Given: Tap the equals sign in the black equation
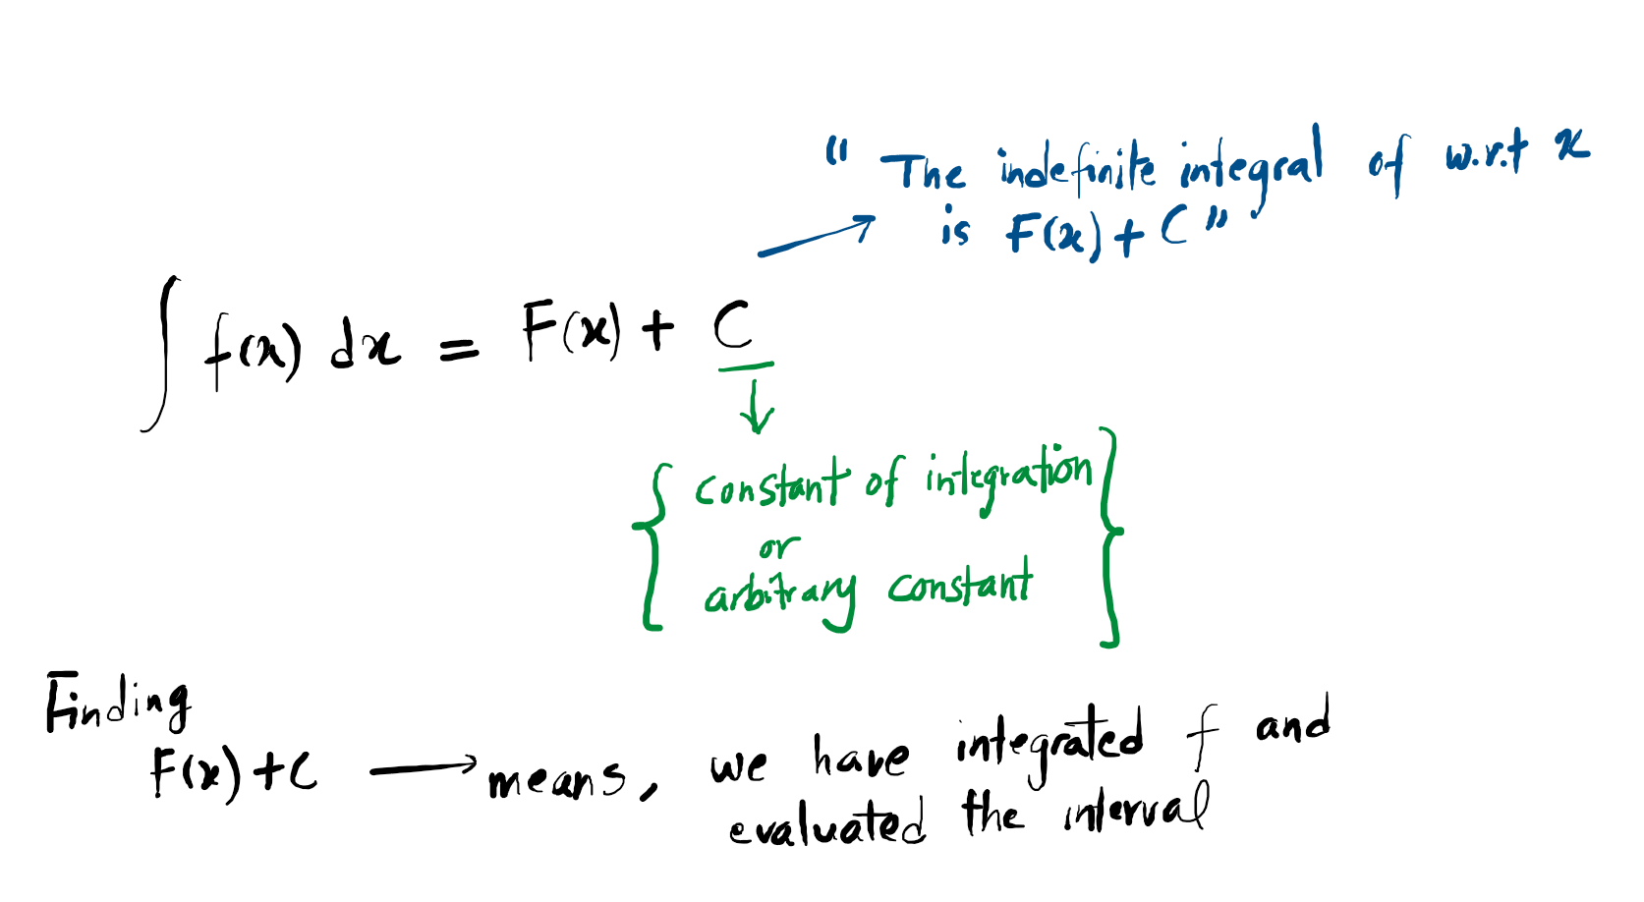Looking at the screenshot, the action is pos(459,348).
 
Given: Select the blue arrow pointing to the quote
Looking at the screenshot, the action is pos(816,237).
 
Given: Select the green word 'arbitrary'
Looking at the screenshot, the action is pos(778,593).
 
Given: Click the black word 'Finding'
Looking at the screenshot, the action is pos(118,704).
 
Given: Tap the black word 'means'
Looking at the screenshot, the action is pos(556,781).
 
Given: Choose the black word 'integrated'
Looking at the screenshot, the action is pos(1049,739).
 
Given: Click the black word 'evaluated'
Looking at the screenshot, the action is pos(826,824).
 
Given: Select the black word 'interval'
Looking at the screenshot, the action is pos(1136,812).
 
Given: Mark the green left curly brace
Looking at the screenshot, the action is pos(652,545).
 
